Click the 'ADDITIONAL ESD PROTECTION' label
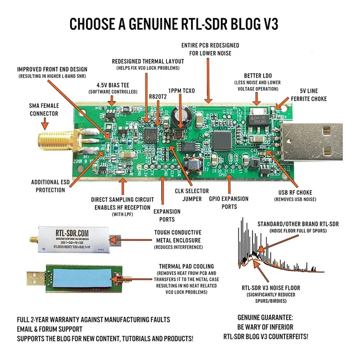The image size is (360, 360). [x=48, y=186]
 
